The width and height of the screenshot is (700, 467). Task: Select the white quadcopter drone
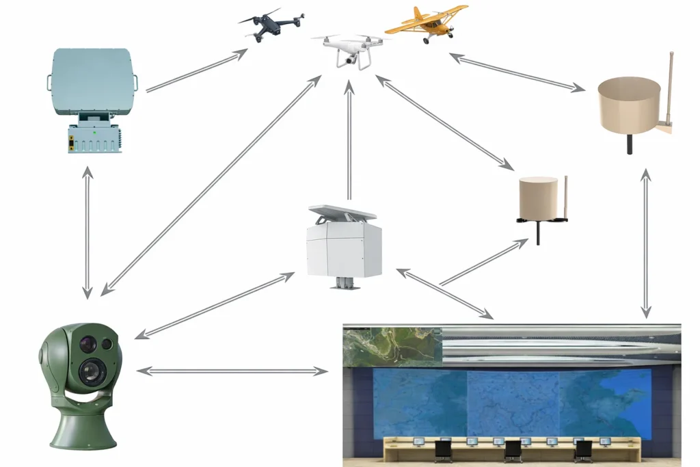click(351, 49)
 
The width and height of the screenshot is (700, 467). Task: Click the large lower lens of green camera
click(88, 371)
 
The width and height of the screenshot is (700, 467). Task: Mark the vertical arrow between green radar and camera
click(87, 232)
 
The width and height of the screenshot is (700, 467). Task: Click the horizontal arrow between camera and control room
click(232, 371)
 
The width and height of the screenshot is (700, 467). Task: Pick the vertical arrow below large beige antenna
click(644, 243)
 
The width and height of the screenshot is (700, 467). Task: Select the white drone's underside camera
click(350, 61)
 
